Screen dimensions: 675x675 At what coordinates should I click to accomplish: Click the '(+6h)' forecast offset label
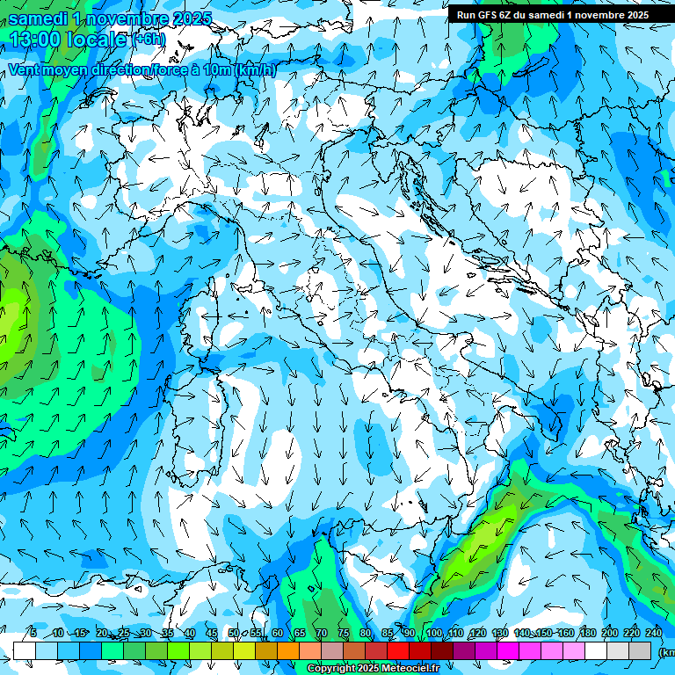(149, 40)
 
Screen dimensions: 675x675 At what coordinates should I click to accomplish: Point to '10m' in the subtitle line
(217, 69)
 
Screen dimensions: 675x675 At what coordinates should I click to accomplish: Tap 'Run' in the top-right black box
(465, 14)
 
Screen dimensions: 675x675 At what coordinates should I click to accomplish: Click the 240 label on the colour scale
(653, 634)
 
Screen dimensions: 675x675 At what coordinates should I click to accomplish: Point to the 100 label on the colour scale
(434, 634)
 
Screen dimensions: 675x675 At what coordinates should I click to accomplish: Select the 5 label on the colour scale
(33, 634)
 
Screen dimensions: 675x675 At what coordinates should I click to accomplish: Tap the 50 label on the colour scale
(234, 634)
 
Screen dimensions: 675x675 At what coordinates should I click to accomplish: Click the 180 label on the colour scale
(587, 634)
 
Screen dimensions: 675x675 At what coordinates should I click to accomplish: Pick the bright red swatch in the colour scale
(398, 650)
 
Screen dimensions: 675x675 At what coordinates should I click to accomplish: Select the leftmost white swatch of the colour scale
(25, 650)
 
